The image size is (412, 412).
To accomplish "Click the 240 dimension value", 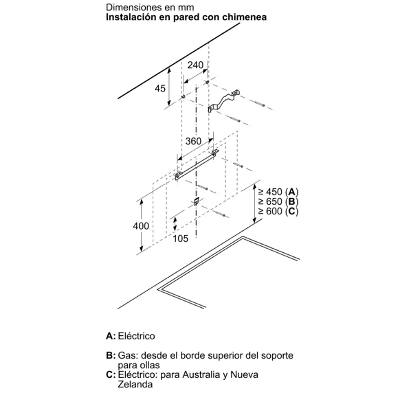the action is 195,65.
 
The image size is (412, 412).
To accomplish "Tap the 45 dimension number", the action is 160,89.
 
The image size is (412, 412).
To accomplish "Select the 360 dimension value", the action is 193,141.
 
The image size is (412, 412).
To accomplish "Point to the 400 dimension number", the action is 141,226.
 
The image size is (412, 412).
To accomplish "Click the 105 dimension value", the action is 180,239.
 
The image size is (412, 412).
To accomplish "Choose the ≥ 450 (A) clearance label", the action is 278,192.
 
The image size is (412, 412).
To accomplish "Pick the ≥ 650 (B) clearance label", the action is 278,202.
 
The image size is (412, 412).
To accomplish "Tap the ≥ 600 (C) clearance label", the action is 278,211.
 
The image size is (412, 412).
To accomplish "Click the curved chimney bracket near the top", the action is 224,100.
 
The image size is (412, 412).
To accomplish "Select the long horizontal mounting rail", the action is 197,165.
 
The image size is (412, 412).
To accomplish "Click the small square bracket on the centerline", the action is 196,202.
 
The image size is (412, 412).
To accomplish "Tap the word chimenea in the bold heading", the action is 244,17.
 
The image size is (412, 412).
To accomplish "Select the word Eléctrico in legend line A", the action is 136,336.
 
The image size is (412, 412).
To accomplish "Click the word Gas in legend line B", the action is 128,356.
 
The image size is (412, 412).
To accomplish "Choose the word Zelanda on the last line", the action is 135,385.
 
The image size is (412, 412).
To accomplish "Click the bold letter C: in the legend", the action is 111,375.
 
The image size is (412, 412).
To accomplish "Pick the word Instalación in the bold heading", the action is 130,17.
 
